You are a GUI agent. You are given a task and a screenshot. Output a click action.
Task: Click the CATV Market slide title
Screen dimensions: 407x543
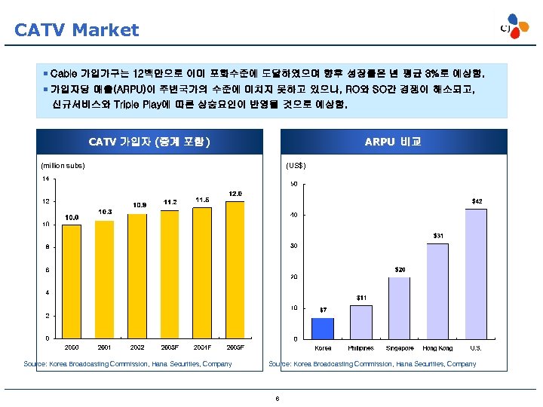click(77, 30)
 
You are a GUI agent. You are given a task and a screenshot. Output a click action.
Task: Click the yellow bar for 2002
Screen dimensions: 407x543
click(137, 276)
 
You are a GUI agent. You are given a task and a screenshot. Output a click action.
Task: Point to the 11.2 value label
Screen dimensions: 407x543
click(169, 202)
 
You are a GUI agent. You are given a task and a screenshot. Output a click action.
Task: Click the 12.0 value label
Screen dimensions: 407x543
click(235, 194)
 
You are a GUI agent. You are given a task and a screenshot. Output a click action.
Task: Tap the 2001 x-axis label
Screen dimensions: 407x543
click(104, 347)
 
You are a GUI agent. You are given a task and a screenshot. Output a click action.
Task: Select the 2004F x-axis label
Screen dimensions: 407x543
click(202, 347)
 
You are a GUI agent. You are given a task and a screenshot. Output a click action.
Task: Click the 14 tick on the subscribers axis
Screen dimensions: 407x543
click(45, 179)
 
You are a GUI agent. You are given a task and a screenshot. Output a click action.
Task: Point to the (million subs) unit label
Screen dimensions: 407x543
click(63, 166)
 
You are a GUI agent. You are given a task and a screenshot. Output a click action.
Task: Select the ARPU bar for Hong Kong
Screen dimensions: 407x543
click(437, 291)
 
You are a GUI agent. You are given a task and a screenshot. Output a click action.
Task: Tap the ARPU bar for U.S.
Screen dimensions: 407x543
click(476, 274)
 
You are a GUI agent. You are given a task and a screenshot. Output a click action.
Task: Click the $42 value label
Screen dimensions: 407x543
click(477, 201)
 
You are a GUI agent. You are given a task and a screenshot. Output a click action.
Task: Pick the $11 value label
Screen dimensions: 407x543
click(361, 298)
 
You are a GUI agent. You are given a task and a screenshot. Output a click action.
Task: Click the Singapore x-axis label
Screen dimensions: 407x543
click(399, 348)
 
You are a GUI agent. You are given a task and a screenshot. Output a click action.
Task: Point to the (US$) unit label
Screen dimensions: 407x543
click(296, 166)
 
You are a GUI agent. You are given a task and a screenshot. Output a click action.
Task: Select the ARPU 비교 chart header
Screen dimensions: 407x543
click(392, 142)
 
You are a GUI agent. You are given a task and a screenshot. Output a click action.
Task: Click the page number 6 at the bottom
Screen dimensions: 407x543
click(278, 399)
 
